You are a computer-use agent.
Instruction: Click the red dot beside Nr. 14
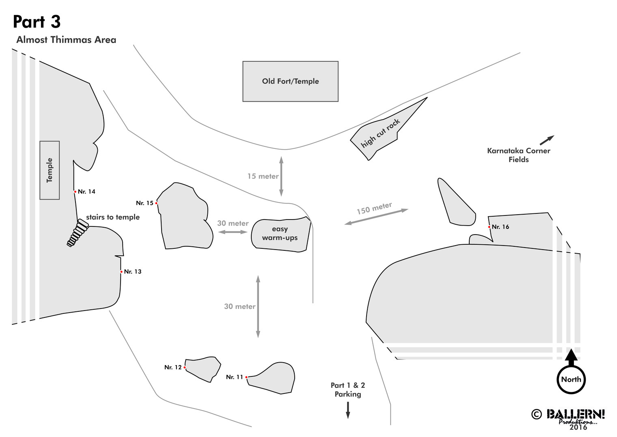(75, 192)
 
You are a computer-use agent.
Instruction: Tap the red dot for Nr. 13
(121, 272)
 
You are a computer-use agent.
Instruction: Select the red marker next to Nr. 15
(156, 203)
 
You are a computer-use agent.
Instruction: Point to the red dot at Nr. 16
(489, 227)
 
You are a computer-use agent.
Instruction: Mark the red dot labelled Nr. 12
(185, 367)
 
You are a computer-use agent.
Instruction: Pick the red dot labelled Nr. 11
(246, 377)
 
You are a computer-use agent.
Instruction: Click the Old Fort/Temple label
(290, 81)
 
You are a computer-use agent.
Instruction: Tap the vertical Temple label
(49, 170)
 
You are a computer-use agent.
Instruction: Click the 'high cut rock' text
(380, 133)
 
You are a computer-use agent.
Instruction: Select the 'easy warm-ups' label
(280, 233)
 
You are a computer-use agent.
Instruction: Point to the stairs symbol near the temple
(78, 233)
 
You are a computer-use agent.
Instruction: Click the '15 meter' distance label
(263, 176)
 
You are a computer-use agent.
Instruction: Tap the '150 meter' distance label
(374, 208)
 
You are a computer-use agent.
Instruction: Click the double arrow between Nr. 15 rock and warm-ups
(233, 232)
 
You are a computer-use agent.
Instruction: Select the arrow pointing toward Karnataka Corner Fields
(547, 140)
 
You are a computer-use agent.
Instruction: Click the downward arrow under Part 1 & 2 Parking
(348, 410)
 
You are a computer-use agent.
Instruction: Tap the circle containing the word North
(571, 380)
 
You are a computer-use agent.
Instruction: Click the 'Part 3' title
(37, 22)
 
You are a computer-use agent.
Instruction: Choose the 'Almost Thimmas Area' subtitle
(66, 40)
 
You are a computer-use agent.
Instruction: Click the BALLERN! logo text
(576, 414)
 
